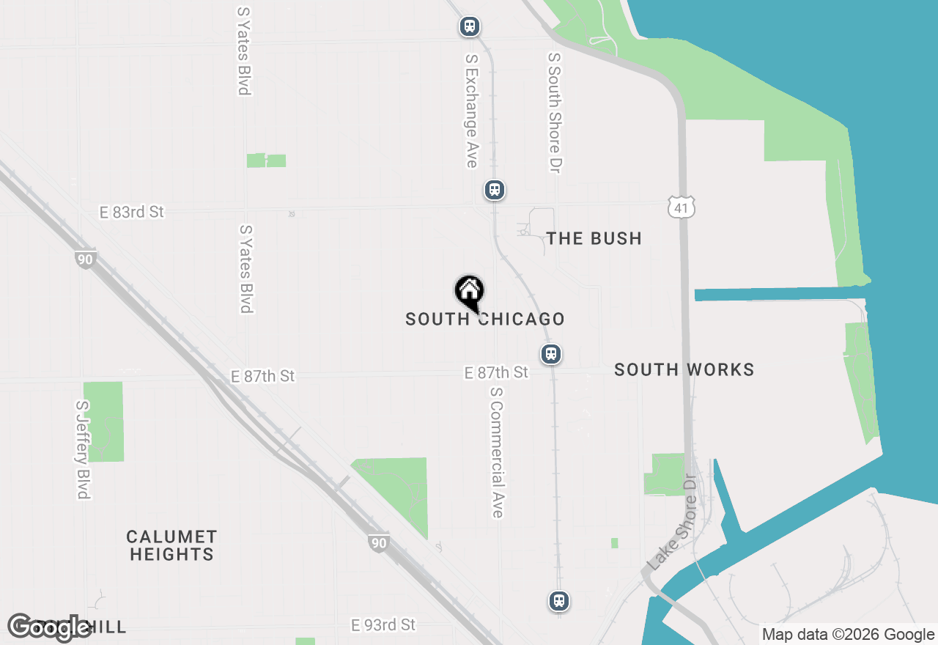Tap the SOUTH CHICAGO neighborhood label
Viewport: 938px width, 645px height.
485,320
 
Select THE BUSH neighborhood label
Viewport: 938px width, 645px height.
594,238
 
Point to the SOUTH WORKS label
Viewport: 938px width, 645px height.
684,369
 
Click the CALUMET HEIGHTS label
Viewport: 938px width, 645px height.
171,545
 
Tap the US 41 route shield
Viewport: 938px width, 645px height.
681,208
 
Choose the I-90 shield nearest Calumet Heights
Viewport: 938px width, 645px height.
377,543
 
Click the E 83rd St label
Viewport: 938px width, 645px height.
132,213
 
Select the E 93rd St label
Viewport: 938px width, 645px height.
383,625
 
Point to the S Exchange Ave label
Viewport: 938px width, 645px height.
471,110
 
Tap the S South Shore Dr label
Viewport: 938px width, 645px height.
555,112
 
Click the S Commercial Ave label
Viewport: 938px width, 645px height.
497,452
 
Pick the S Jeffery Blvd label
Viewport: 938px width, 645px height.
83,449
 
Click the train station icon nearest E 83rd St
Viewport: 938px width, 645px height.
495,191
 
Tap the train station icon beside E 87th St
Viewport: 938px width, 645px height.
551,355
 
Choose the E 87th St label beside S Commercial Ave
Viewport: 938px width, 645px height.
496,373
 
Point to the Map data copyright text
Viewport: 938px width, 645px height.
848,635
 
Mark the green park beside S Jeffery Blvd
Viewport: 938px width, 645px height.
103,421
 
